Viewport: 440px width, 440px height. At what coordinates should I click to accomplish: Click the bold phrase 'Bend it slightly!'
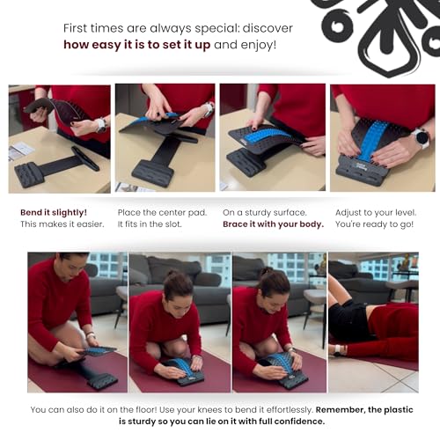[x=53, y=212]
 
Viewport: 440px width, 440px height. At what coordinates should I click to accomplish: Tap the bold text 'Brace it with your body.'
[x=273, y=224]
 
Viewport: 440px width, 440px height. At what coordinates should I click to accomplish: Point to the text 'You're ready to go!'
[x=370, y=224]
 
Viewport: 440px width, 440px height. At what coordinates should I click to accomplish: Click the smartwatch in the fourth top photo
[x=420, y=138]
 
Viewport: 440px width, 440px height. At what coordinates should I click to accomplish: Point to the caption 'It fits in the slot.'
[x=149, y=224]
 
